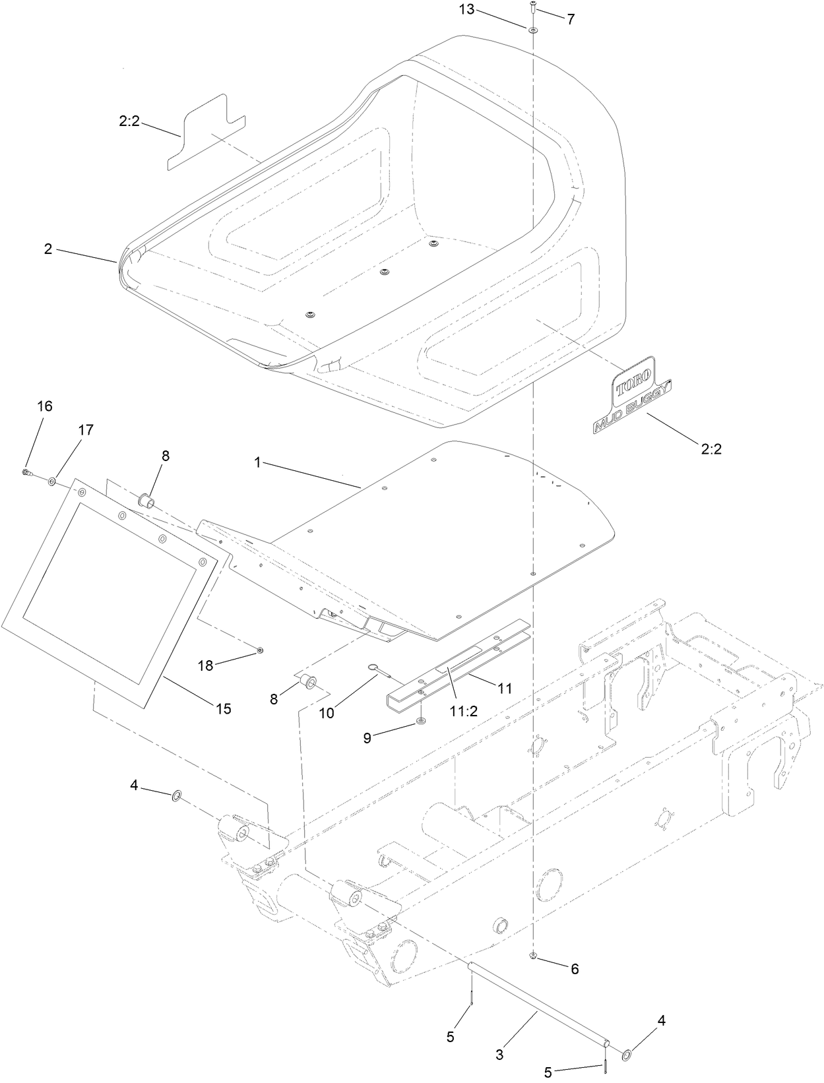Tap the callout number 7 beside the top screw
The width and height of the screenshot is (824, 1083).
tap(570, 18)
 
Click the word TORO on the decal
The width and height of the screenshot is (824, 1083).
tap(634, 383)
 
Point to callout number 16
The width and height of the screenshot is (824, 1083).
tap(44, 406)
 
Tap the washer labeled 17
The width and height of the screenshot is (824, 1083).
tap(51, 483)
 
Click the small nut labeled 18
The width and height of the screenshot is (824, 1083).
tap(260, 650)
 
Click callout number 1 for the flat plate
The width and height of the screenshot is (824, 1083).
tap(258, 463)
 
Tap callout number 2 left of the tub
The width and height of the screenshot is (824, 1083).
tap(48, 249)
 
